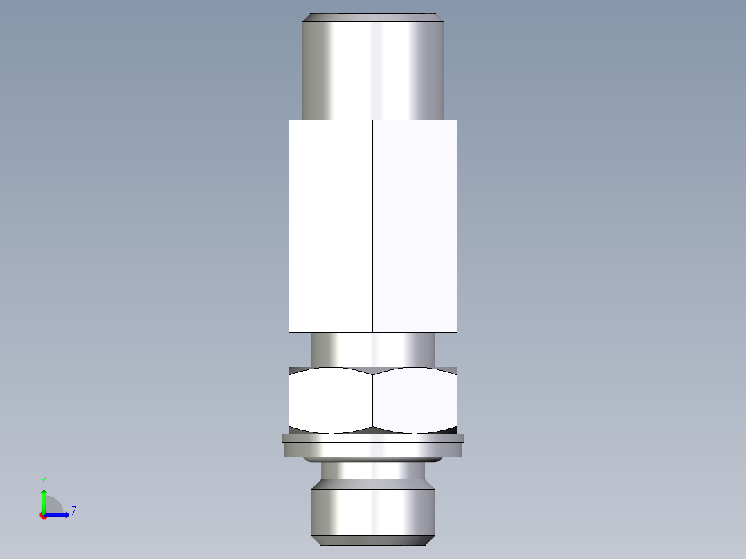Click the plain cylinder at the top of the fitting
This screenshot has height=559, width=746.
tap(372, 69)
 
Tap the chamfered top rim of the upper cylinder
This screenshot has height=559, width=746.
tap(372, 17)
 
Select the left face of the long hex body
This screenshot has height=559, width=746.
tap(330, 226)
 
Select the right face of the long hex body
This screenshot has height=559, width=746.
tap(415, 226)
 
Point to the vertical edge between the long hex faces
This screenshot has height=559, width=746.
tap(372, 226)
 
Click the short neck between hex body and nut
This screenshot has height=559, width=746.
tap(372, 349)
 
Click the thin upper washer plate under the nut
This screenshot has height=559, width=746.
tap(372, 438)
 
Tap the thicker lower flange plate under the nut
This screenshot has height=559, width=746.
tap(372, 450)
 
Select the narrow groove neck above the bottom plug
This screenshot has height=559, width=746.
tap(372, 470)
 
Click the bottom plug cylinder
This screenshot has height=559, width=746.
tap(372, 508)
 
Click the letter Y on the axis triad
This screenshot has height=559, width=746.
tap(43, 480)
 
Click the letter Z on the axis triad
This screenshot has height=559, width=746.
tap(73, 511)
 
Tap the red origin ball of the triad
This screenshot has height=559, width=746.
tap(43, 515)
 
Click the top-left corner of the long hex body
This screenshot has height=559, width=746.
tap(289, 120)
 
